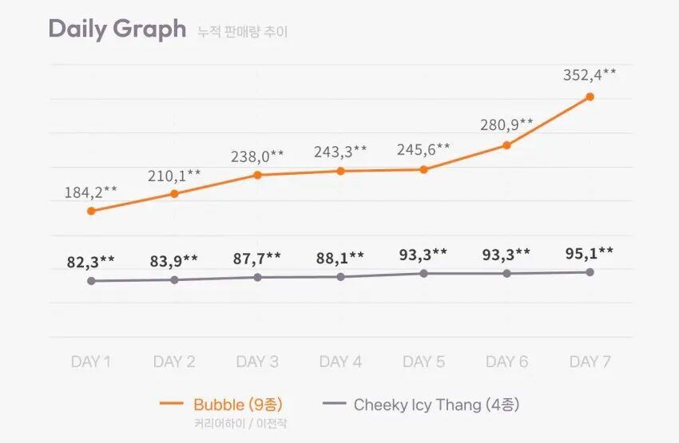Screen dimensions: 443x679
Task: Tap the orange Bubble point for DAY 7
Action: (590, 97)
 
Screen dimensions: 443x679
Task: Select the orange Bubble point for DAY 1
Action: (91, 211)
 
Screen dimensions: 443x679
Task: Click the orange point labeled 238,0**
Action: (257, 175)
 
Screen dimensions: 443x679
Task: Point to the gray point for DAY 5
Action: (423, 273)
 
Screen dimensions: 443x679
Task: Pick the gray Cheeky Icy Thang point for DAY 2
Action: (174, 279)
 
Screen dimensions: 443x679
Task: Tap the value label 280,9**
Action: (506, 125)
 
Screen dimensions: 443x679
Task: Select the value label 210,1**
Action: (174, 174)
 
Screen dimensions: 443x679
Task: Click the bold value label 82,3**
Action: (91, 260)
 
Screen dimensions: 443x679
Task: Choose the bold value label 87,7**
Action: (257, 257)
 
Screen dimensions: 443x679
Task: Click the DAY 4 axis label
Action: (340, 362)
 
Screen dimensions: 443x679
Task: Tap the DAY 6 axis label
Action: (506, 362)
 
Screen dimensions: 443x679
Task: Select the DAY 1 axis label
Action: (91, 362)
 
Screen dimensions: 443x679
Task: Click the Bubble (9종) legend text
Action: (238, 405)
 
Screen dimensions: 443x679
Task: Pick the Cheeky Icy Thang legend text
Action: (436, 405)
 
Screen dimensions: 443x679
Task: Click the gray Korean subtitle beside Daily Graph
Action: (243, 33)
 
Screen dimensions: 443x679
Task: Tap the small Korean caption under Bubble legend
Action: (240, 423)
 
